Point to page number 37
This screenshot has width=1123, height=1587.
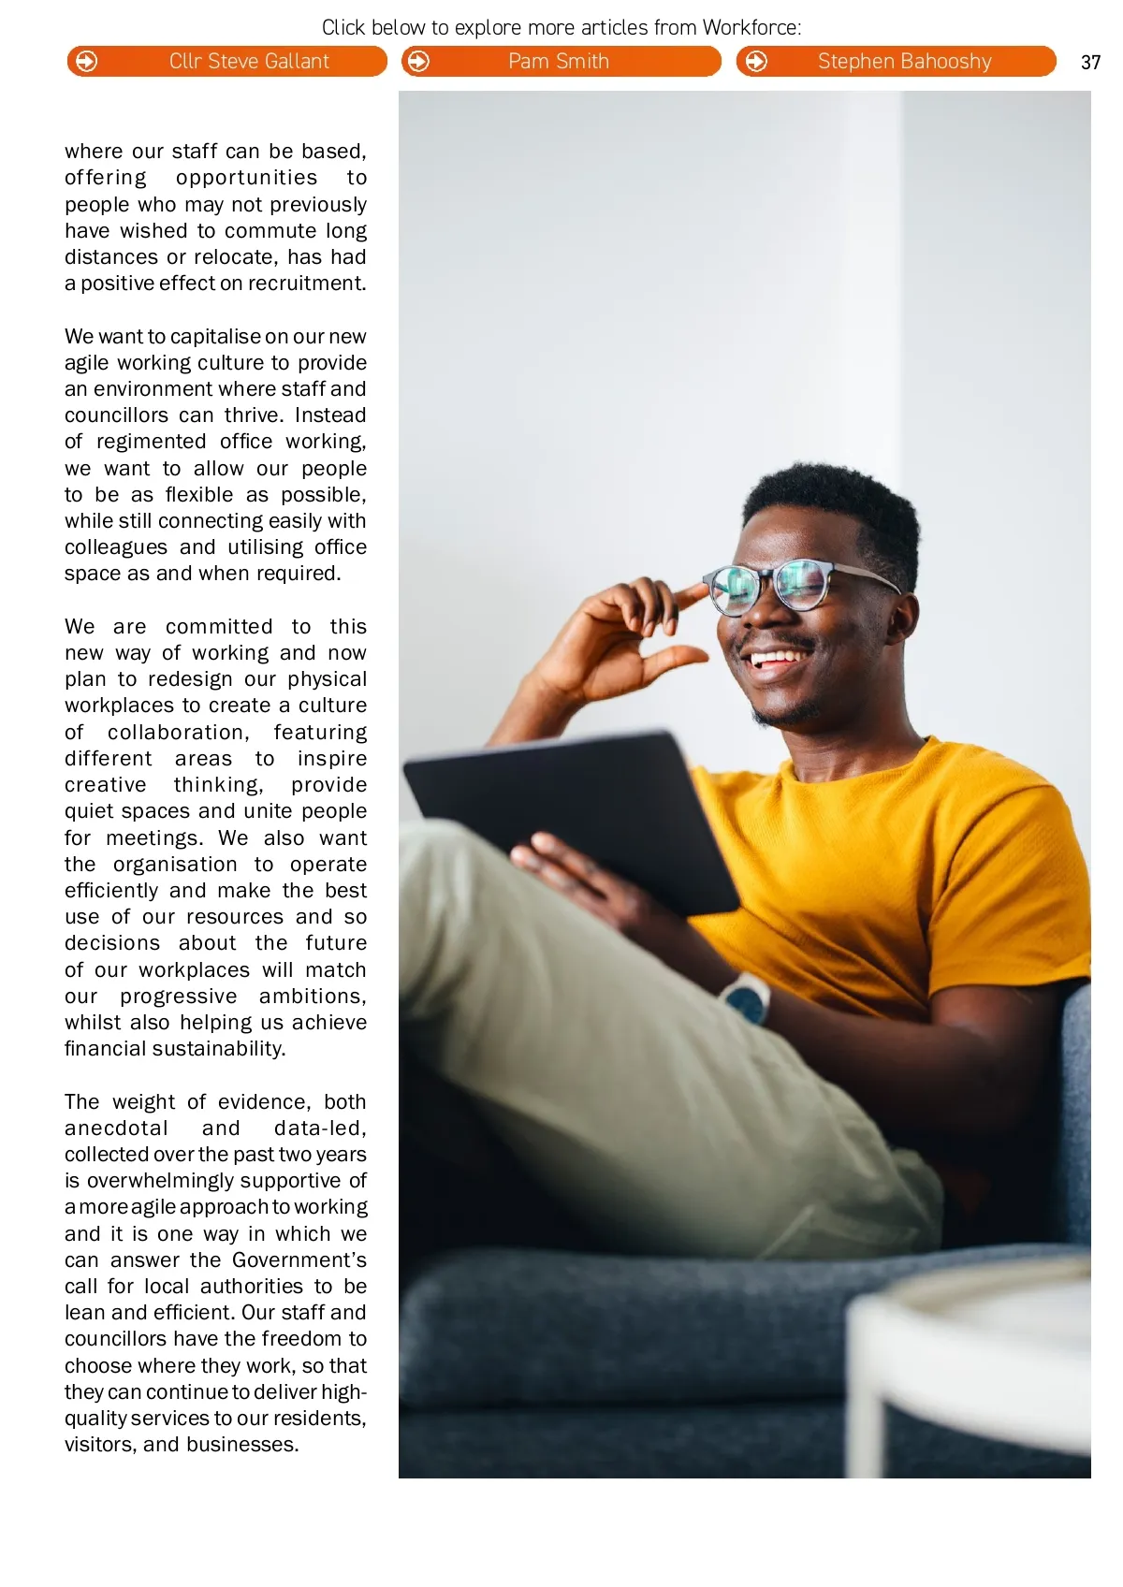(1090, 63)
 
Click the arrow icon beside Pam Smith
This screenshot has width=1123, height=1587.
(419, 62)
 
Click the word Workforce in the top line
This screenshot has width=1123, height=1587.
(751, 27)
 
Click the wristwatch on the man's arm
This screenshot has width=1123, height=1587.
(747, 996)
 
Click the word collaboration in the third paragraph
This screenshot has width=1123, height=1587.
(177, 733)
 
